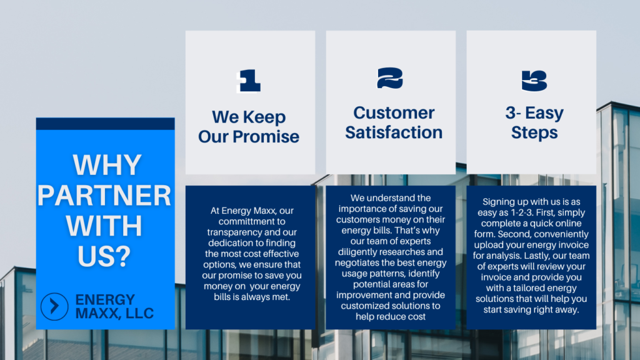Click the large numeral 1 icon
[x=249, y=81]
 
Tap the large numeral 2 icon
[x=390, y=78]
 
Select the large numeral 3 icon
[x=534, y=81]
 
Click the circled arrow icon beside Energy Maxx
[x=54, y=306]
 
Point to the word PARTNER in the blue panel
[x=104, y=195]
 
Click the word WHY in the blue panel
[x=107, y=165]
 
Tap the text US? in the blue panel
[x=104, y=256]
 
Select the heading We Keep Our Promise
[x=249, y=127]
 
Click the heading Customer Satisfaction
[x=394, y=122]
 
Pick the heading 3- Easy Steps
[x=534, y=122]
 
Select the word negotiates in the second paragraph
[x=357, y=263]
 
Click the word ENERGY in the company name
[x=105, y=300]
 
